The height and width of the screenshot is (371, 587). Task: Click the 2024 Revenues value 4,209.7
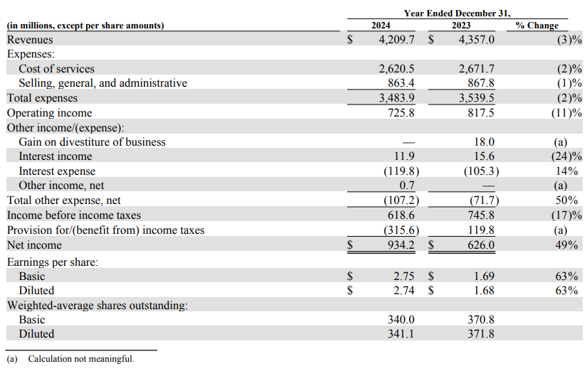pos(396,40)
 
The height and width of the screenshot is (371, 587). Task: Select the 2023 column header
pos(461,26)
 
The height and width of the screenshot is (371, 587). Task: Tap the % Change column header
pos(536,26)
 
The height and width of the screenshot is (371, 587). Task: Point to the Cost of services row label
pos(56,69)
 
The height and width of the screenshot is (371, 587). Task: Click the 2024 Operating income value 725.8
pos(401,113)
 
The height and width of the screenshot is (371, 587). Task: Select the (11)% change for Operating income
pos(566,113)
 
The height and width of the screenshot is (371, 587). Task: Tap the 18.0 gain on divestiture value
pos(484,142)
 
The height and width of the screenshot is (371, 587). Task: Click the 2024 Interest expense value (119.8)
pos(401,171)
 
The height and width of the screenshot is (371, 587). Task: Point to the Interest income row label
pos(55,156)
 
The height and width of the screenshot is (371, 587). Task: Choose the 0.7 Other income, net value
pos(407,185)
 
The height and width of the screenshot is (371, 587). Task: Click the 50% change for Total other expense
pos(566,200)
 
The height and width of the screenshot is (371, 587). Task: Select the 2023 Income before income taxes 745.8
pos(481,215)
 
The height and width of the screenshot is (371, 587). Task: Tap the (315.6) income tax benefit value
pos(401,230)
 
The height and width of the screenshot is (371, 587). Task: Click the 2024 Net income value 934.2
pos(401,245)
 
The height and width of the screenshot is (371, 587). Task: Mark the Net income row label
pos(34,245)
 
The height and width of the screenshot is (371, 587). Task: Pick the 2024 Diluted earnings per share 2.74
pos(404,291)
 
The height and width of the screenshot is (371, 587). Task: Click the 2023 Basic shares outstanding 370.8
pos(481,320)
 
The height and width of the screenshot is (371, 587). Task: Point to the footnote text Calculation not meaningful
pos(81,359)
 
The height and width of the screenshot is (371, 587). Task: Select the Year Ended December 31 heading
pos(457,14)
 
